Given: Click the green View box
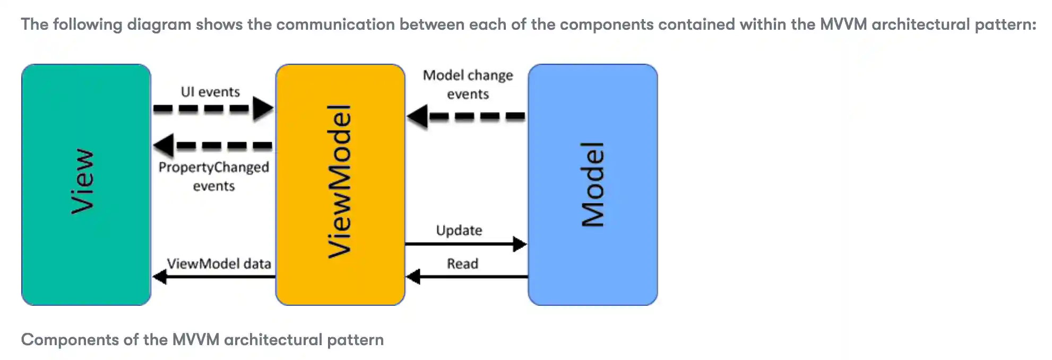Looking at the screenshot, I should [x=86, y=184].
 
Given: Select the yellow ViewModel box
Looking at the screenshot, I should [x=340, y=184].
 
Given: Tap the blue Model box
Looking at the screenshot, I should [x=592, y=184].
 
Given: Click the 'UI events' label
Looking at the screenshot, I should [x=210, y=92].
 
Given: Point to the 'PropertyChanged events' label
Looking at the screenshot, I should [x=213, y=176].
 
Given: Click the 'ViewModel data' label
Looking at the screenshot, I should [x=219, y=263].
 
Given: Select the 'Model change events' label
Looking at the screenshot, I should [x=468, y=84].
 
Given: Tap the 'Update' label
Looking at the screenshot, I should [x=459, y=230].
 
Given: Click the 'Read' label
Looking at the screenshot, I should [x=462, y=263].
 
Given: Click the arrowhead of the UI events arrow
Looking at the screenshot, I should [x=263, y=108].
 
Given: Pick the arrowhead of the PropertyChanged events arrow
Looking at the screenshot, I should [x=163, y=145].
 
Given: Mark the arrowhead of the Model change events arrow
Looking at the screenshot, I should [x=417, y=116].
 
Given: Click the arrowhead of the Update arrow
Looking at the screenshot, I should [x=520, y=244].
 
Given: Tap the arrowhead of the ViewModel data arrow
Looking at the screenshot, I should [x=159, y=276].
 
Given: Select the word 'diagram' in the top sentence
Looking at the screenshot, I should [x=159, y=24].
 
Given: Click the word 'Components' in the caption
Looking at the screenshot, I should [x=70, y=340].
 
